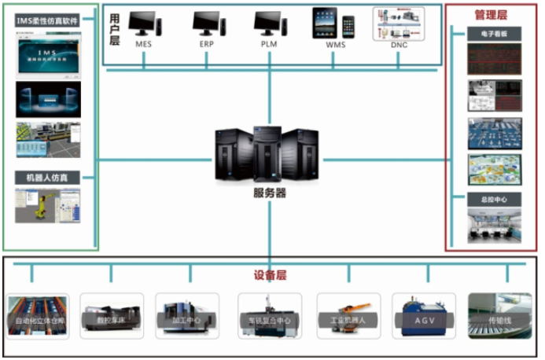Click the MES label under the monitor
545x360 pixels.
click(143, 45)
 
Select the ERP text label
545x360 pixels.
click(207, 45)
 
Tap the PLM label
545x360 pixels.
click(269, 45)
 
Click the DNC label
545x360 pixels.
click(400, 45)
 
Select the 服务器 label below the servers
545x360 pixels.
click(270, 193)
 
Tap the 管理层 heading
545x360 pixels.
click(492, 14)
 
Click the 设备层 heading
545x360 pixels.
click(270, 276)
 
